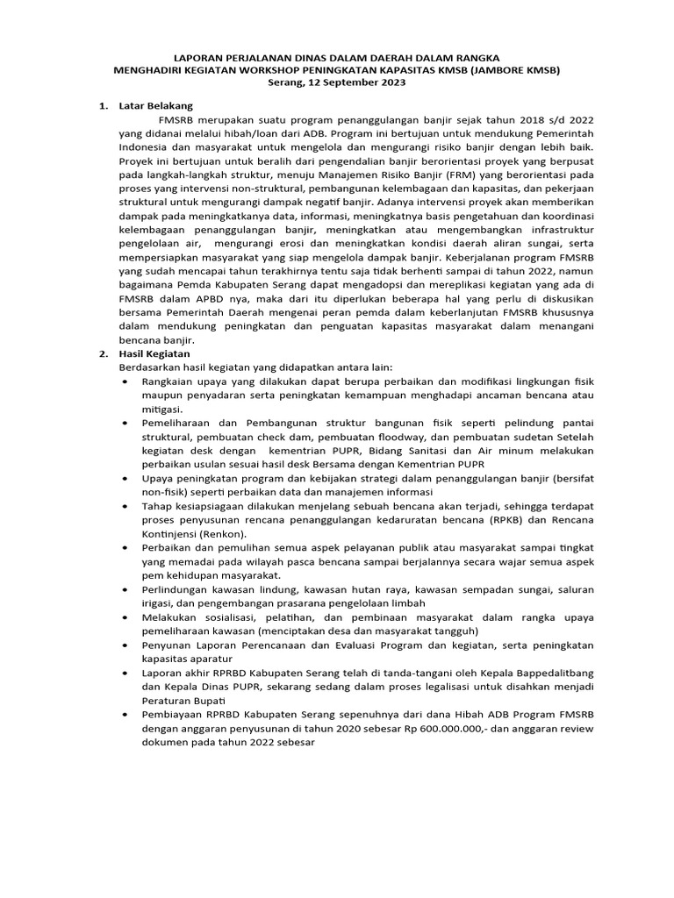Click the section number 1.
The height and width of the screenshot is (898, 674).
coord(103,106)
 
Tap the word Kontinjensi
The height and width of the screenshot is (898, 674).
coord(170,533)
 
